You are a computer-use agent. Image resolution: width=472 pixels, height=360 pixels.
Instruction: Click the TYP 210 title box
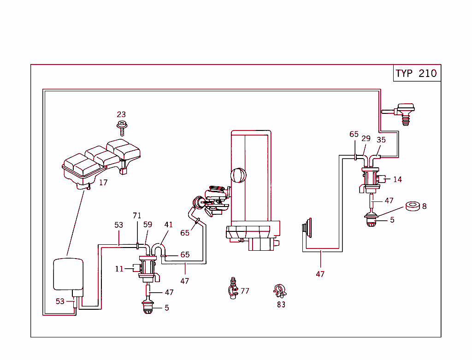click(x=417, y=73)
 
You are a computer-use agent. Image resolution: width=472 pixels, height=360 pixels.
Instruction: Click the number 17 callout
click(x=103, y=183)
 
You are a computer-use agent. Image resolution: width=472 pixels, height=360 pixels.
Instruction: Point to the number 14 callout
click(x=397, y=179)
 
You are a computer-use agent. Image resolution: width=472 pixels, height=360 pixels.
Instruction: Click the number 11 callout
click(x=119, y=269)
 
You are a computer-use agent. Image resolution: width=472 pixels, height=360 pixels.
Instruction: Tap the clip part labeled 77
click(x=233, y=289)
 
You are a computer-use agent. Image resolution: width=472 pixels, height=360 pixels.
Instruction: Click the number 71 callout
click(x=137, y=216)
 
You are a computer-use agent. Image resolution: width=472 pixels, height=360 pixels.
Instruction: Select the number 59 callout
click(x=147, y=225)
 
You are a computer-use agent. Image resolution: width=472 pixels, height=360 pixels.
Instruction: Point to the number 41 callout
click(x=169, y=225)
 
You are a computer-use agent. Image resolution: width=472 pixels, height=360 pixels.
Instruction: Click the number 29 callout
click(x=366, y=139)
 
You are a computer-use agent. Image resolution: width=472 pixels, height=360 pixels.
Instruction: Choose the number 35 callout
click(x=381, y=140)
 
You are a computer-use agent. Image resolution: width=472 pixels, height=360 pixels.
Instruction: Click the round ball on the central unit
click(x=237, y=175)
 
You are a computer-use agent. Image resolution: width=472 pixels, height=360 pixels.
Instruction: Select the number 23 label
click(x=121, y=114)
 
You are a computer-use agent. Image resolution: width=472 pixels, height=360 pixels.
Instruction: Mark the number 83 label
click(x=281, y=304)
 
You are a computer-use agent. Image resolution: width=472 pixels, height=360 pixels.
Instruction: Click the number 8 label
click(x=424, y=206)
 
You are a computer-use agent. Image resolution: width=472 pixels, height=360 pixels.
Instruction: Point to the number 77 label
click(x=245, y=291)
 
